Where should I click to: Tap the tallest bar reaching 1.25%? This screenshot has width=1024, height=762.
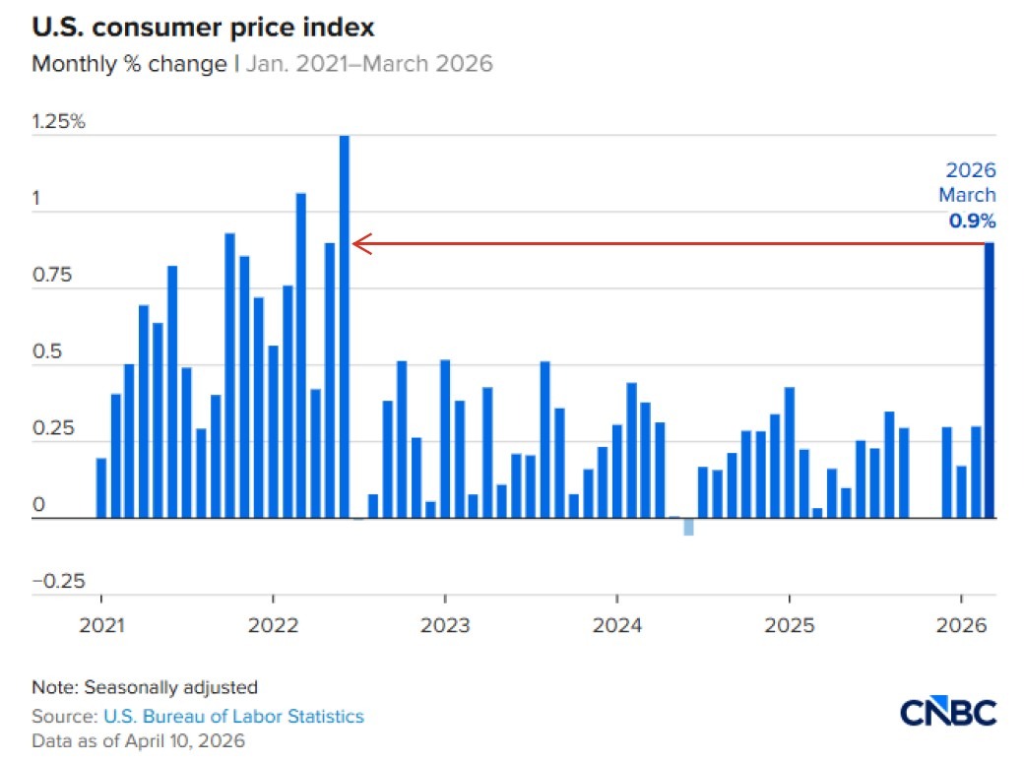tap(345, 326)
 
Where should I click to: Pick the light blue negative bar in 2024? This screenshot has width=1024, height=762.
tap(688, 527)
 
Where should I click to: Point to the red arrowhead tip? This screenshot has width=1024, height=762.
tap(354, 243)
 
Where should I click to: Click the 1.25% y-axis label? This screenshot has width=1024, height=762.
tap(59, 122)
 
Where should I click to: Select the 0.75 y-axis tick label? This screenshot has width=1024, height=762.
tap(53, 276)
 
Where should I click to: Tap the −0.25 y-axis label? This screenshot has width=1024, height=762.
tap(58, 581)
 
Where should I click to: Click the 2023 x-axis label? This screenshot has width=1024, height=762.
tap(445, 625)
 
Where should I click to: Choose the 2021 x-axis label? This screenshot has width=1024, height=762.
tap(100, 625)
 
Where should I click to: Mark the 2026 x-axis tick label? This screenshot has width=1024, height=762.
tap(960, 625)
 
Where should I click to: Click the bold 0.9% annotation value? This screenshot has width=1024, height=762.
tap(972, 221)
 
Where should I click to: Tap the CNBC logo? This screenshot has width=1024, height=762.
tap(948, 712)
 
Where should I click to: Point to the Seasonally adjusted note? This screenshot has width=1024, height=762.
tap(171, 687)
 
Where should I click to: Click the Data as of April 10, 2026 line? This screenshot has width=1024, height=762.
tap(138, 740)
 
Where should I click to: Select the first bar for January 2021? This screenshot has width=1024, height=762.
tap(101, 488)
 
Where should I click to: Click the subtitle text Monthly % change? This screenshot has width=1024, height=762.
tap(129, 65)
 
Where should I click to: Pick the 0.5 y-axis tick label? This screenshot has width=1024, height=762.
tap(47, 352)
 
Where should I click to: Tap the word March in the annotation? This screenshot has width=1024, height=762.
tap(966, 195)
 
